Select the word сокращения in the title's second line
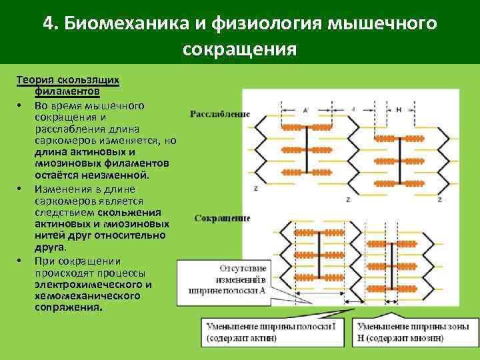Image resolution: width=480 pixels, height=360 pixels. coord(239,50)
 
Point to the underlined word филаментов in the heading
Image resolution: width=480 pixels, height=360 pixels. coord(67,90)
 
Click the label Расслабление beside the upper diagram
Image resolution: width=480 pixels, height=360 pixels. coord(220,113)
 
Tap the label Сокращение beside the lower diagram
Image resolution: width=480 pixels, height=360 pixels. coord(222,218)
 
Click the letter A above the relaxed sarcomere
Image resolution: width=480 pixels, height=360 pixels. coord(305,109)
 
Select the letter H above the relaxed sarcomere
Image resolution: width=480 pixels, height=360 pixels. coord(399,109)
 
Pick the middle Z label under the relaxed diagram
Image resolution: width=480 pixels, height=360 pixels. coord(349,199)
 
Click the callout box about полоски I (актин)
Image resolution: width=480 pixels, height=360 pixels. coord(276,332)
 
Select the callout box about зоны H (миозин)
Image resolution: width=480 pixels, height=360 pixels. coord(413,332)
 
